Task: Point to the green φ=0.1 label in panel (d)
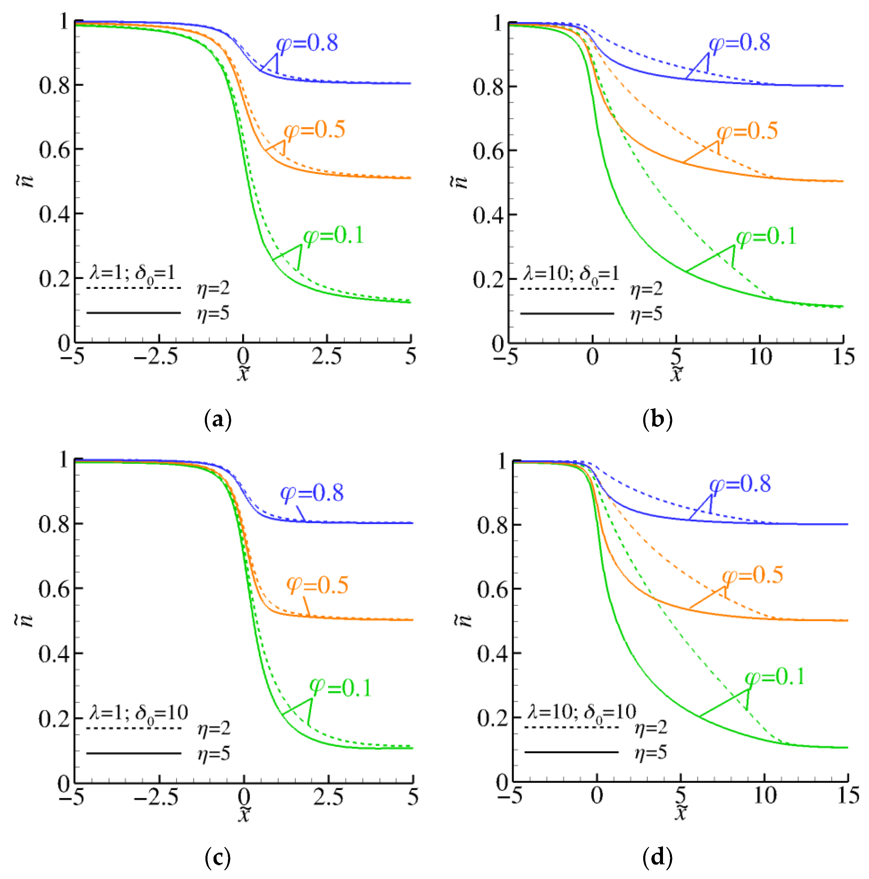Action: (775, 677)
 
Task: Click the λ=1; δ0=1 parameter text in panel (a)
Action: (132, 273)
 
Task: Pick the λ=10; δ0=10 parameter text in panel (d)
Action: (581, 712)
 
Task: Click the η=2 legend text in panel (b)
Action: (647, 289)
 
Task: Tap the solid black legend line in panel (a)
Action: (134, 312)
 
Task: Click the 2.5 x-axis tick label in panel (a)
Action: (326, 357)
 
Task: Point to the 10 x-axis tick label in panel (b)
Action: (760, 357)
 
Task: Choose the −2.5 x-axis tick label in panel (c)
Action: (156, 797)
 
